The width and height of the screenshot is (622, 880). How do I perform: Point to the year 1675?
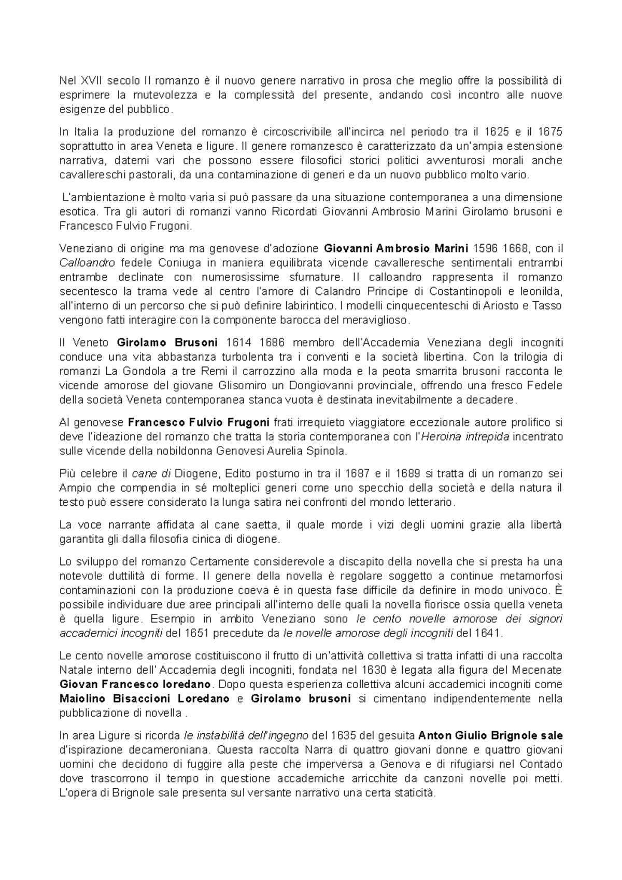550,131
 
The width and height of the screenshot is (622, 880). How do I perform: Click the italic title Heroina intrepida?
467,437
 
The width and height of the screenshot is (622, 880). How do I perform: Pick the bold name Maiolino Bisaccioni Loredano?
144,699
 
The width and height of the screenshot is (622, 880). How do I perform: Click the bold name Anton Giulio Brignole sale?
490,735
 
